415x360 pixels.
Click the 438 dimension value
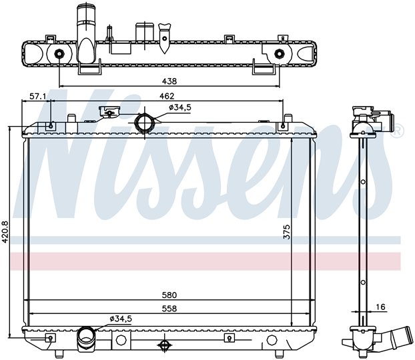(169, 81)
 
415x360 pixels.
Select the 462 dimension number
(167, 96)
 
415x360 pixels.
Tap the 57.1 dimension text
(37, 96)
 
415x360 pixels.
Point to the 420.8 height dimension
(5, 232)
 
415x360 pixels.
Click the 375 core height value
(286, 232)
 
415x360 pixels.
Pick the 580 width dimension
(169, 295)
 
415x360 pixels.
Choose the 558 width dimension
(169, 309)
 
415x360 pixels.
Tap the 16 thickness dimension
(380, 307)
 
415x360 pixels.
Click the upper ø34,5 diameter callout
(180, 107)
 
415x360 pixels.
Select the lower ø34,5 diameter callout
(121, 319)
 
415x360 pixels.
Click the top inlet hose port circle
(144, 122)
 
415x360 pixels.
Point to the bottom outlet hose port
(86, 335)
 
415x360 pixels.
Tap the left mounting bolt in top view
(59, 54)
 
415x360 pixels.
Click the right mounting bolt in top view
(279, 54)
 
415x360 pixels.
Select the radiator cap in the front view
(109, 111)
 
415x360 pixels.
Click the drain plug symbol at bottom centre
(164, 345)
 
